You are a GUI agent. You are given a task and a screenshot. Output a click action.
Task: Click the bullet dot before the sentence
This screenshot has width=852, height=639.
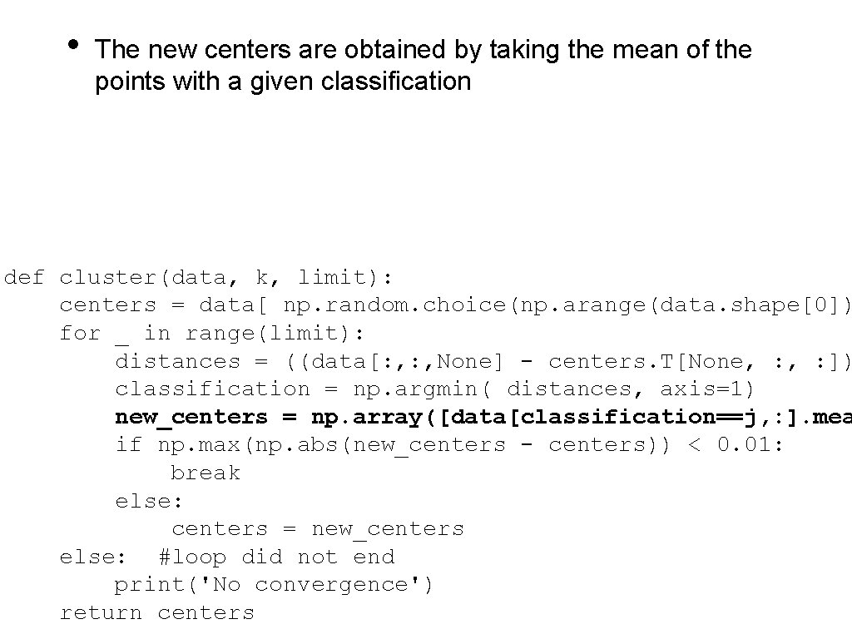click(73, 44)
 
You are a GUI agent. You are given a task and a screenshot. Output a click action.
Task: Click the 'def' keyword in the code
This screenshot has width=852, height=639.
click(24, 277)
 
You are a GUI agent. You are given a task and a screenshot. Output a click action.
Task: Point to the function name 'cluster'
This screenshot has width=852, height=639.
click(108, 277)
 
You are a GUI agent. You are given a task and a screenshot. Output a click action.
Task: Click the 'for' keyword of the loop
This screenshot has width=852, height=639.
click(80, 334)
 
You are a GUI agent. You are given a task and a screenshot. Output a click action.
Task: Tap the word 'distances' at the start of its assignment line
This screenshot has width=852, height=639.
click(177, 361)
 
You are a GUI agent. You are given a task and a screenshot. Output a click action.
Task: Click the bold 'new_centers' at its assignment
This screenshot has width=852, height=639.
click(191, 417)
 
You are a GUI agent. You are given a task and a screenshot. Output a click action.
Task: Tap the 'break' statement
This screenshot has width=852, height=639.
click(206, 473)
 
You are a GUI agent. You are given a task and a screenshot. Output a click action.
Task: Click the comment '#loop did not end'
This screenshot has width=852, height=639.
click(276, 557)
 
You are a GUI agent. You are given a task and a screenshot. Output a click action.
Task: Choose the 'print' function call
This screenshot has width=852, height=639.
click(150, 585)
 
